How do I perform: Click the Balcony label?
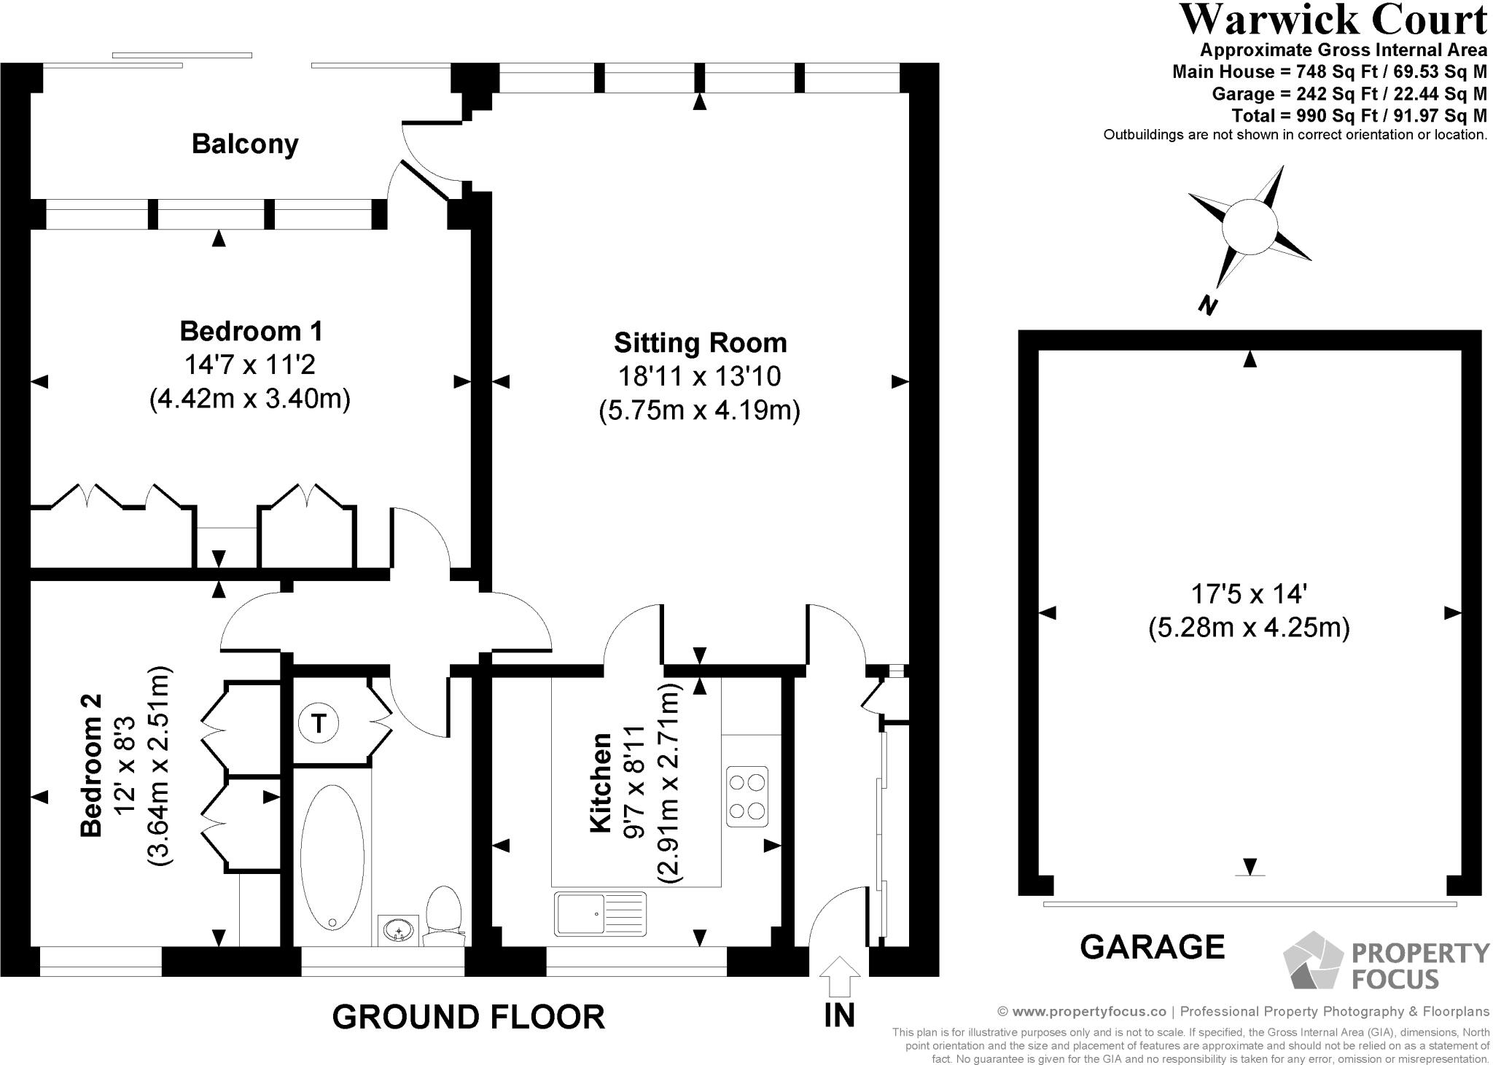pos(245,144)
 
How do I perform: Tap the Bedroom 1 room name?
pos(251,331)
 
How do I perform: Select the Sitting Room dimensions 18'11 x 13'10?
pos(699,376)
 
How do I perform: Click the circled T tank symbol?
pos(319,723)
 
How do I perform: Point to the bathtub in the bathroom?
pos(332,857)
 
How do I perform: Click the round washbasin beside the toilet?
pos(399,931)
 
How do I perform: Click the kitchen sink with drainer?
pos(600,913)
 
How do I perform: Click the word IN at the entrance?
pos(839,1015)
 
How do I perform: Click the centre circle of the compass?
pos(1250,227)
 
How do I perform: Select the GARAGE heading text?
pos(1152,947)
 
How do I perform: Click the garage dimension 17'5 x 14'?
pos(1248,594)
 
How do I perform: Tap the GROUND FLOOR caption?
pos(468,1016)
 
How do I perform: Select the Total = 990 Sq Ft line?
pos(1359,115)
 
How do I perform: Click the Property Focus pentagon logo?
pos(1312,960)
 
